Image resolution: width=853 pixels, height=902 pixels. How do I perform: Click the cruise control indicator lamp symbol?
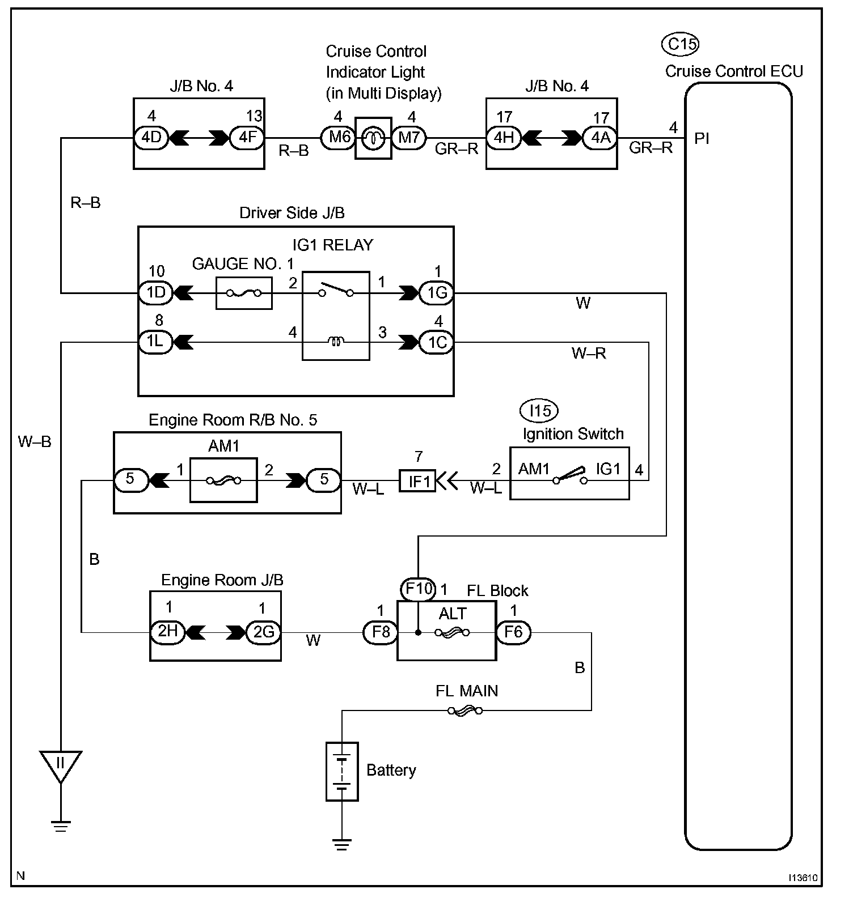click(x=373, y=138)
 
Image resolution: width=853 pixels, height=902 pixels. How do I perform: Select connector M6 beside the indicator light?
click(x=338, y=138)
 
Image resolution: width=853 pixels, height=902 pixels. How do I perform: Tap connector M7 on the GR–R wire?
click(x=408, y=138)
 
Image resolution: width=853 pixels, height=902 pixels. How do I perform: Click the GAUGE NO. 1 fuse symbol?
click(x=244, y=293)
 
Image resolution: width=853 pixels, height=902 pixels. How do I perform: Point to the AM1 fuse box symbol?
click(x=223, y=480)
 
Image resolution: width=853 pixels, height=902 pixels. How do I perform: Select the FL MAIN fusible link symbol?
click(x=465, y=710)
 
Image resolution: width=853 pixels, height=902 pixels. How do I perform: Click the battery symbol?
click(x=342, y=771)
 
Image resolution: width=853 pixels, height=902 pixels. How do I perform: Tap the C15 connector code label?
click(x=681, y=44)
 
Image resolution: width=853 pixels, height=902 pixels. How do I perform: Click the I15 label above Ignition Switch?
click(x=539, y=410)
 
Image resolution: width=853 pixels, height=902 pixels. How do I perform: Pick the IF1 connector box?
click(x=417, y=481)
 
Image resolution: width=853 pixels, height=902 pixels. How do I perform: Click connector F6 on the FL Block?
click(x=513, y=632)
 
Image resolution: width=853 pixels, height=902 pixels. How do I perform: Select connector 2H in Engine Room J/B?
click(x=167, y=632)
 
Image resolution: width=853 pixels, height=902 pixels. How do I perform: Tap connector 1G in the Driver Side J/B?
click(x=436, y=293)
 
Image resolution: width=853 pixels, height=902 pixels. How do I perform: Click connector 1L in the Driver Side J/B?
click(x=155, y=342)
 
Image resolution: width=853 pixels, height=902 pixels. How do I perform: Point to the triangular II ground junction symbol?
click(x=60, y=763)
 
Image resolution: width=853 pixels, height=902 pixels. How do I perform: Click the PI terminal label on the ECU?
click(x=702, y=139)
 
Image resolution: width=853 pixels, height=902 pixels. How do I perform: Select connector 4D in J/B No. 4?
click(x=151, y=138)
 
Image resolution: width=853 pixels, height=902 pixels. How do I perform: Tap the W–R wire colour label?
click(x=589, y=354)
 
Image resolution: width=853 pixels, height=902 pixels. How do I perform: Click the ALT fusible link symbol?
click(x=452, y=632)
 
